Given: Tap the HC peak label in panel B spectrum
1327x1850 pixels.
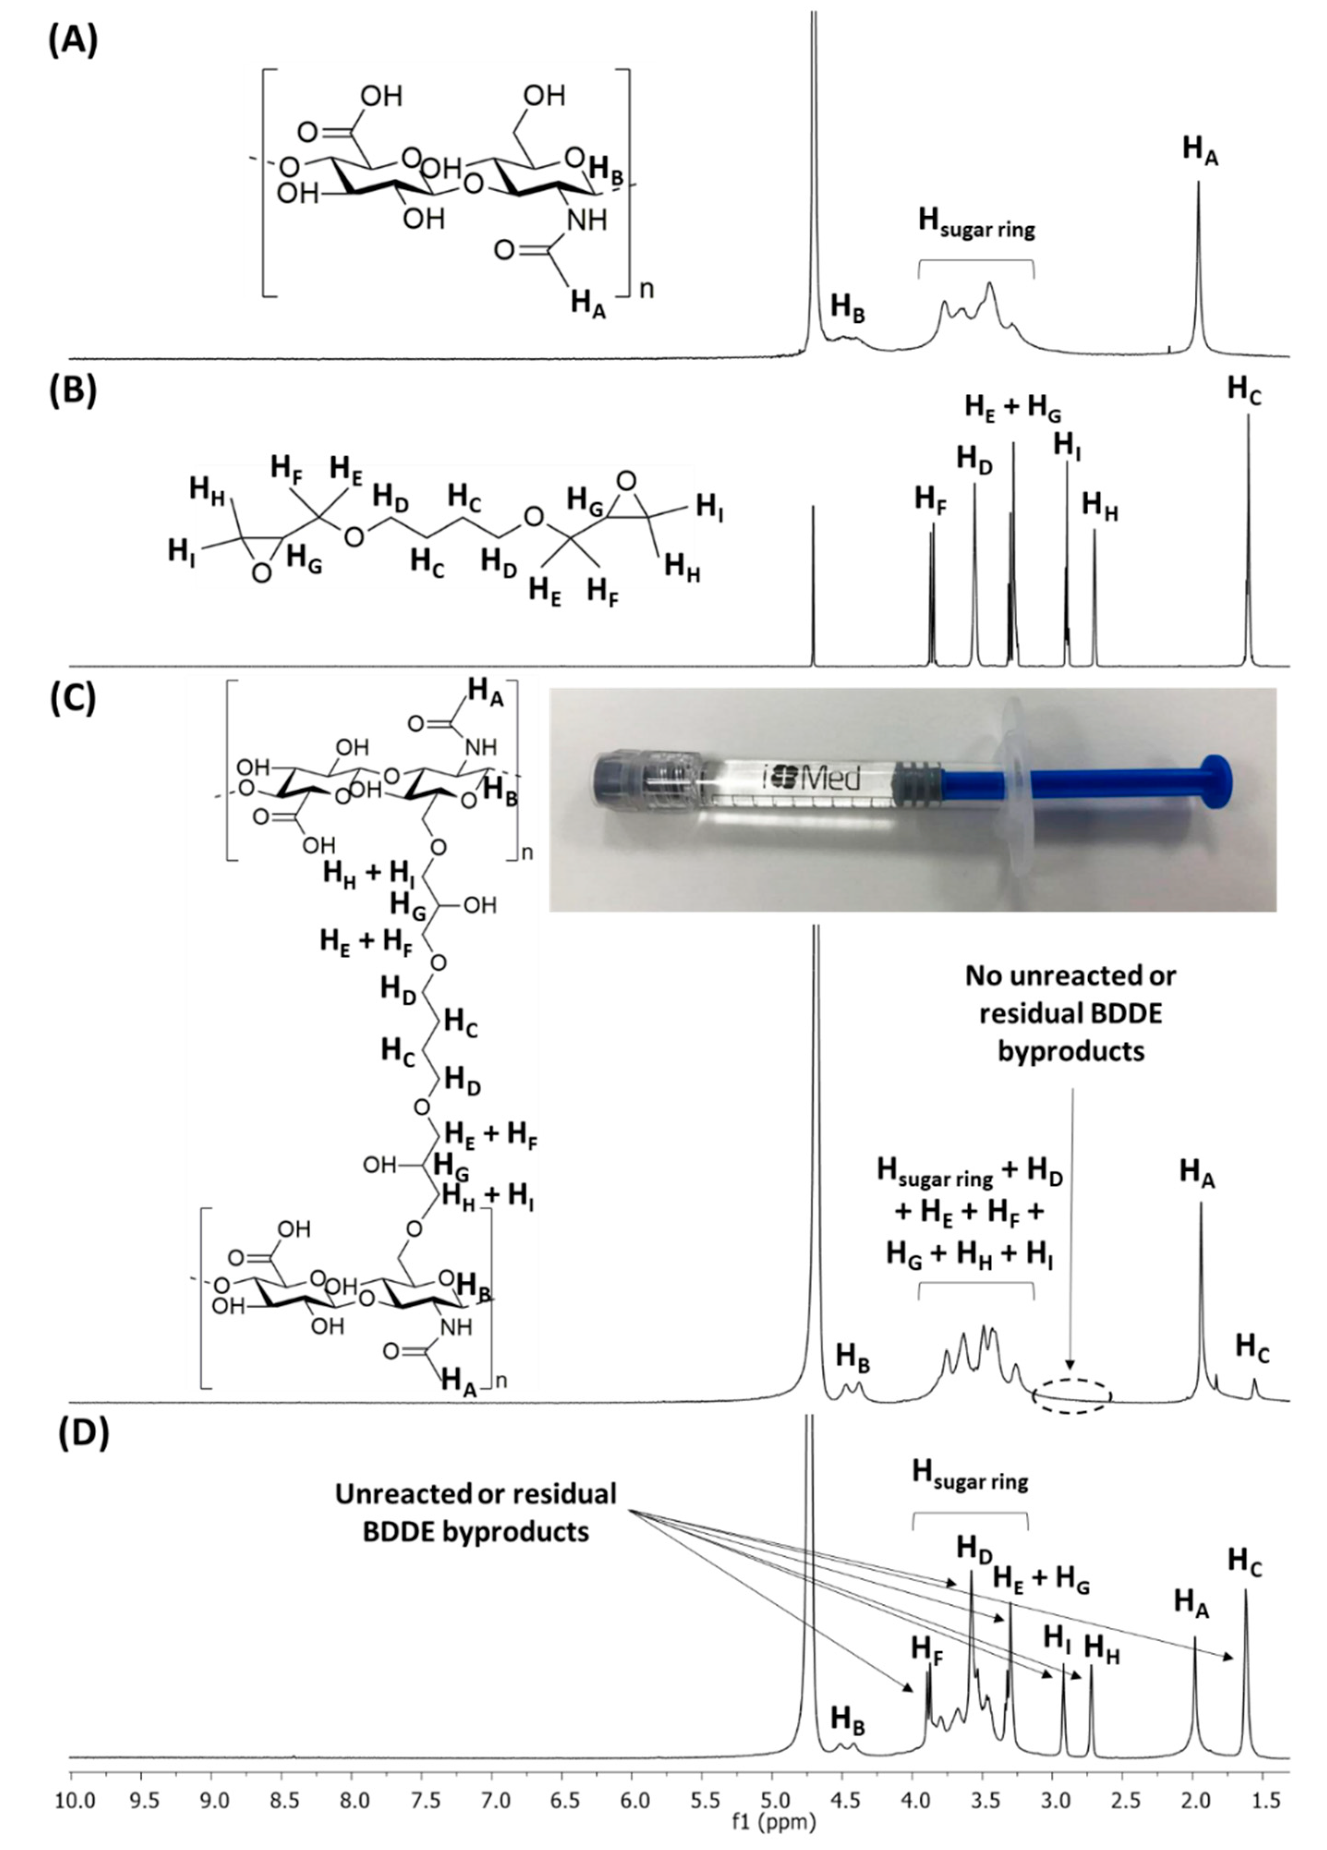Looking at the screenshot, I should point(1245,390).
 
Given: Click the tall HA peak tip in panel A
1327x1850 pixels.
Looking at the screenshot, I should point(1198,183).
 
